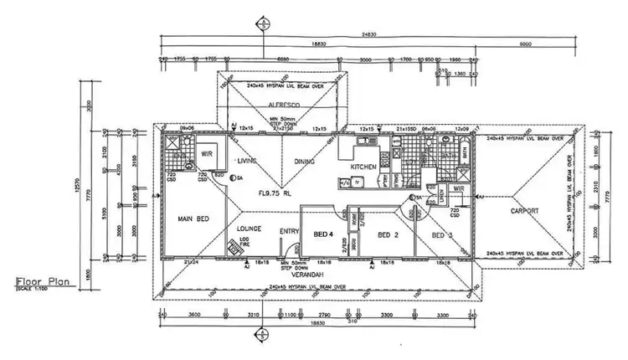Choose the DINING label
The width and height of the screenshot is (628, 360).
point(303,162)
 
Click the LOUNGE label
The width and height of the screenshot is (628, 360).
point(250,228)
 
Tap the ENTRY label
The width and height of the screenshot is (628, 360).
point(290,232)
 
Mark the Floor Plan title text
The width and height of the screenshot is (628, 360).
point(43,283)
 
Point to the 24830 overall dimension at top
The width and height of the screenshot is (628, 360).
point(363,35)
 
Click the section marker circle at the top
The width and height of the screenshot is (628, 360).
point(265,23)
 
